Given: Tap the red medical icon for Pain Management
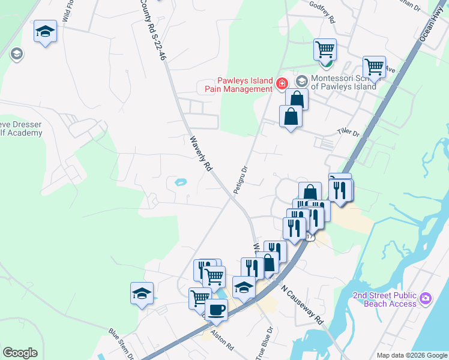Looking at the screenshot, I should (x=282, y=83).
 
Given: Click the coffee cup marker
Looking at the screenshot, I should (x=216, y=310).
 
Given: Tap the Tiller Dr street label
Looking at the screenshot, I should (x=347, y=132).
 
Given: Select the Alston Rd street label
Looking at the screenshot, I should (x=221, y=339).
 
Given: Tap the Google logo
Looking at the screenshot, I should (x=20, y=353).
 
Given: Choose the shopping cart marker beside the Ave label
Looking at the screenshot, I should (x=374, y=67).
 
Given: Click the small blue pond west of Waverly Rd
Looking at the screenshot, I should (x=179, y=182).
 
